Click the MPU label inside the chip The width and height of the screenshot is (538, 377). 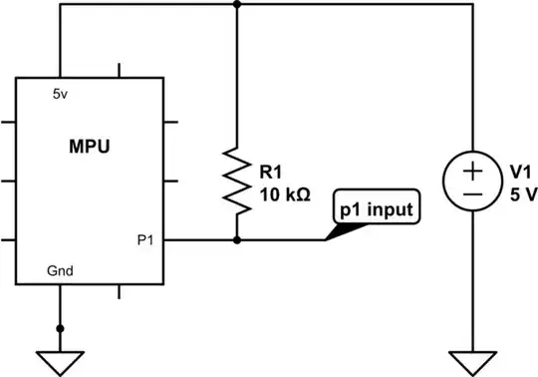click(x=90, y=147)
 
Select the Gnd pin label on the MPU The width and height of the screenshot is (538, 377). click(x=60, y=270)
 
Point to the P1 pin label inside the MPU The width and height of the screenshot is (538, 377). click(x=144, y=239)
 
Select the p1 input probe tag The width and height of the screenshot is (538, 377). click(x=378, y=209)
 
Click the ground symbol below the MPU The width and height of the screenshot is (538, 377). click(x=60, y=356)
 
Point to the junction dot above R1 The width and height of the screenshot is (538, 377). click(x=237, y=4)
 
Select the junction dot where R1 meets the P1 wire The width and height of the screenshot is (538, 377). click(x=237, y=239)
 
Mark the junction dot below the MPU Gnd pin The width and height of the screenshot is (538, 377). click(x=60, y=327)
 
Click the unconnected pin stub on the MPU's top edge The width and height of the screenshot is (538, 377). click(x=120, y=71)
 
